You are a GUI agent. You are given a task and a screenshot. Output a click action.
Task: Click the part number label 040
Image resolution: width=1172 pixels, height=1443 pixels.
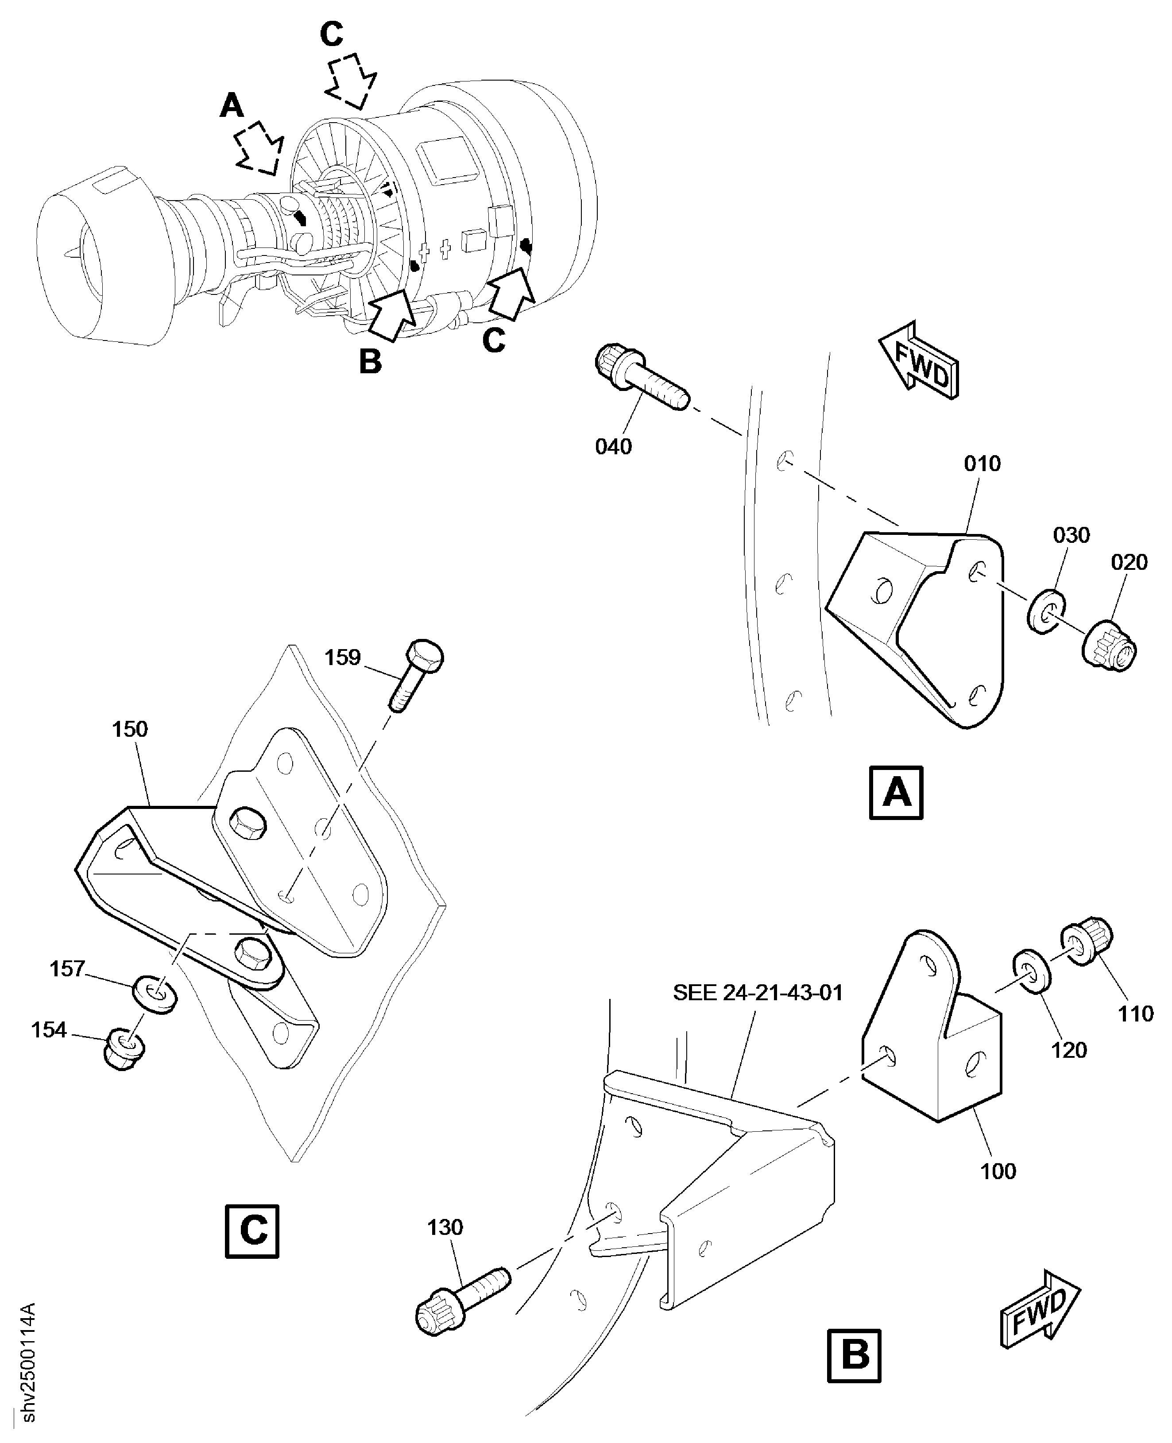[x=613, y=446]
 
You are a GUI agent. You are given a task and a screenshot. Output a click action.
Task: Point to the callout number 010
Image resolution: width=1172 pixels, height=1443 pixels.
[x=982, y=464]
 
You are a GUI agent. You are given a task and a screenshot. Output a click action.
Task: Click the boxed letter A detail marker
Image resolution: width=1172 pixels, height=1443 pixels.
[x=896, y=793]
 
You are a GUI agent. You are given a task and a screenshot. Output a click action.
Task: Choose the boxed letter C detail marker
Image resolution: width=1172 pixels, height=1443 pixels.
[x=252, y=1231]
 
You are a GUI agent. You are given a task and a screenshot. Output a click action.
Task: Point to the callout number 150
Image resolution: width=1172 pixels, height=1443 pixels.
[x=130, y=729]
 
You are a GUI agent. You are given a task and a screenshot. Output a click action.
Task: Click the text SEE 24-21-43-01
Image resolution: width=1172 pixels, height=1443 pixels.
[x=758, y=993]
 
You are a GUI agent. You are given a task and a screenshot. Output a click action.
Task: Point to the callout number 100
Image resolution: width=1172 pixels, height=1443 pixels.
[x=998, y=1171]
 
